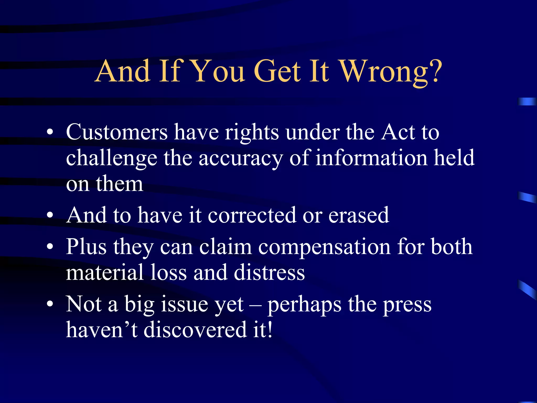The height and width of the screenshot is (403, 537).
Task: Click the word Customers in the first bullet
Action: pyautogui.click(x=117, y=132)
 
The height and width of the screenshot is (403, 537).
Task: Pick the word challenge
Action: pyautogui.click(x=111, y=158)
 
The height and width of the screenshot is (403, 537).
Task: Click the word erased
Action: pyautogui.click(x=359, y=215)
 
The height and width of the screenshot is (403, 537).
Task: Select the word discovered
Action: pyautogui.click(x=195, y=330)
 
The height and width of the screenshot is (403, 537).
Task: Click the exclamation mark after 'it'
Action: pyautogui.click(x=270, y=329)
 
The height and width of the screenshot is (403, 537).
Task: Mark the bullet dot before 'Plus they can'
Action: pyautogui.click(x=50, y=247)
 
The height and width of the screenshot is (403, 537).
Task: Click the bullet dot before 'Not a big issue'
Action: pyautogui.click(x=50, y=304)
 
